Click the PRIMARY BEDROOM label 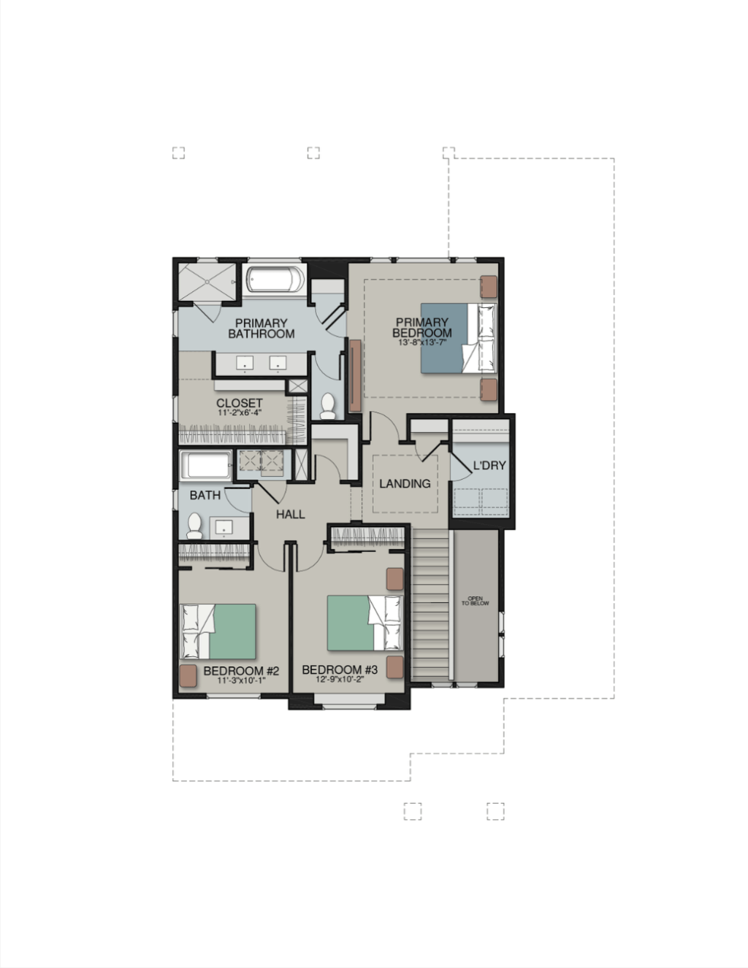[421, 328]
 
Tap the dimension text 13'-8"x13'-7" [422, 342]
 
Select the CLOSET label [240, 403]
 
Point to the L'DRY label [489, 466]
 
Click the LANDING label [405, 483]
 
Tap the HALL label [291, 515]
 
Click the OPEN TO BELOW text [476, 601]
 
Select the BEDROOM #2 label [241, 671]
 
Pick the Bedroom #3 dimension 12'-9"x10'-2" [340, 680]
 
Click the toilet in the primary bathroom [328, 406]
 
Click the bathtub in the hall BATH [206, 465]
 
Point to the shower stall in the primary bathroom [207, 282]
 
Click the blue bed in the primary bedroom [459, 338]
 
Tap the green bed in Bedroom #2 [218, 631]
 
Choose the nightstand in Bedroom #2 [188, 676]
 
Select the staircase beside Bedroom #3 [430, 603]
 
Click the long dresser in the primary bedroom [355, 375]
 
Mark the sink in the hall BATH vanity [224, 528]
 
